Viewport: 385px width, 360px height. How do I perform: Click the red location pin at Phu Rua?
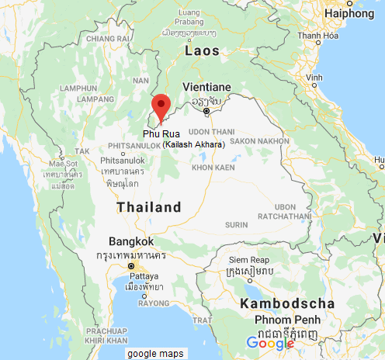point(160,106)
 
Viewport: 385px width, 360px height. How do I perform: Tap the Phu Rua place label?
point(160,134)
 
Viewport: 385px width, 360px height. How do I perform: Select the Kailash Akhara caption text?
point(194,145)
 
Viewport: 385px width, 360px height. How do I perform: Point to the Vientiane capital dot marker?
point(206,111)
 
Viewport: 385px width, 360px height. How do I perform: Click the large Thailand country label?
point(149,208)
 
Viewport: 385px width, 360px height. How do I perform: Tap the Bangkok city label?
point(127,241)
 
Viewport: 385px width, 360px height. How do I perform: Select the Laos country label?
point(203,50)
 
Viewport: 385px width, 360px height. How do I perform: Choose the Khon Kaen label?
point(212,167)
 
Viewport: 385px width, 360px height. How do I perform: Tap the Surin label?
point(236,223)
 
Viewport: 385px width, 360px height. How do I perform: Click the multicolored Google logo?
point(271,344)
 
